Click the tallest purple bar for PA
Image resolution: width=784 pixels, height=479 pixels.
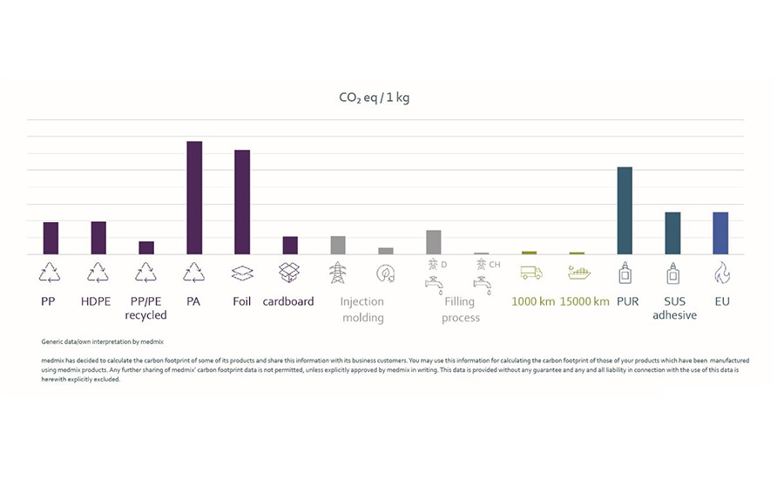tap(194, 198)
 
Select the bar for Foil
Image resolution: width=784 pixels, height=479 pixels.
tap(242, 202)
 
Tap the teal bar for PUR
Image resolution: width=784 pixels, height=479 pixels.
tap(624, 211)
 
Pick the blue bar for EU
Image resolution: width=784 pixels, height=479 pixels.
tap(720, 233)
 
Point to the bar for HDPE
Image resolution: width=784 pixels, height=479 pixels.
tap(98, 238)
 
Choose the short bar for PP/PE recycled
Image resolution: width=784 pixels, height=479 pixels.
tap(146, 248)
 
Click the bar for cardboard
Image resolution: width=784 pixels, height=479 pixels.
tap(290, 246)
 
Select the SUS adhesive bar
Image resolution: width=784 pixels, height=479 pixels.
tap(672, 233)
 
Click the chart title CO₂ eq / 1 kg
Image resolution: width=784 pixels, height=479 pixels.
tap(374, 98)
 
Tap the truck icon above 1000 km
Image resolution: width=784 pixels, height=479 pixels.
tap(531, 273)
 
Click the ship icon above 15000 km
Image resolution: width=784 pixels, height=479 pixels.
tap(578, 273)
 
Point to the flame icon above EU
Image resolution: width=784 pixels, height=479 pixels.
tap(721, 273)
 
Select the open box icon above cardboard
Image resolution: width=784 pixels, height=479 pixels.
tap(290, 273)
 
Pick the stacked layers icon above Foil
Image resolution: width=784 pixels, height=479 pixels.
tap(242, 273)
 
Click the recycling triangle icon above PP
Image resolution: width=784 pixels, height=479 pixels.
tap(50, 273)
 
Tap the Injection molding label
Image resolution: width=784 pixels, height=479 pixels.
tap(362, 309)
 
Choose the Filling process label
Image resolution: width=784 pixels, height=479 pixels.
tap(460, 309)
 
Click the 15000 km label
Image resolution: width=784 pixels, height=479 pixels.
tap(584, 301)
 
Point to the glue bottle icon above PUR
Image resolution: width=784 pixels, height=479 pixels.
tap(624, 273)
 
